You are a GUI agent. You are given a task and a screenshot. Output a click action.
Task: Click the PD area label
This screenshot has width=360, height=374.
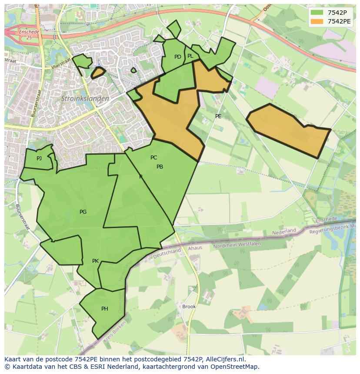(177, 57)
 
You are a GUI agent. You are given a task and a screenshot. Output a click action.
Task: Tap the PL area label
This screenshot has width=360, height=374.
(190, 56)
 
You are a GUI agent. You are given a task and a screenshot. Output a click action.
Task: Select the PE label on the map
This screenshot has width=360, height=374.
(218, 116)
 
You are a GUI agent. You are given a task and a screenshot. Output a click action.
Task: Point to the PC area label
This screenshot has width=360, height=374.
(153, 158)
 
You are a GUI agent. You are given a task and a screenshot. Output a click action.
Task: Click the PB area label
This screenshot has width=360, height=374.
(160, 167)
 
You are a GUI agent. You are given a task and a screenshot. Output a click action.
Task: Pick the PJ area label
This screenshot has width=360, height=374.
(39, 159)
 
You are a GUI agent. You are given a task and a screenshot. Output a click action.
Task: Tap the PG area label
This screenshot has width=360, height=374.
(83, 212)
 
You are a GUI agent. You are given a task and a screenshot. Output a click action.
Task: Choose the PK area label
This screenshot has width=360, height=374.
(95, 261)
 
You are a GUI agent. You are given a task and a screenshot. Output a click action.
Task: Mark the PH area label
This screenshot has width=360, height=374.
(104, 309)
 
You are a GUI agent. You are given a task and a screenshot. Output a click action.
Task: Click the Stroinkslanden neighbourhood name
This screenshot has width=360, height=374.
(85, 99)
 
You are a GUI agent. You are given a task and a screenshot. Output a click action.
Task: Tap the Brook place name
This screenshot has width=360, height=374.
(189, 306)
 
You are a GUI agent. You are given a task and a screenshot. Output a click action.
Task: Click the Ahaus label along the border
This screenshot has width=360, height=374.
(195, 248)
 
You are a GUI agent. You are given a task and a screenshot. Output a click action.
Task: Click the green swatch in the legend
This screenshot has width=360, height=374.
(317, 12)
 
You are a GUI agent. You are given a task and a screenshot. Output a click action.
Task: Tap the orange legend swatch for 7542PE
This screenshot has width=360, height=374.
(317, 21)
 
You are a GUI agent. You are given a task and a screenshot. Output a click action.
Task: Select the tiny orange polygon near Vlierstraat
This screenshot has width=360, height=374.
(98, 73)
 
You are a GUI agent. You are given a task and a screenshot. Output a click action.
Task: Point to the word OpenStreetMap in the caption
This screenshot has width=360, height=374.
(234, 367)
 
